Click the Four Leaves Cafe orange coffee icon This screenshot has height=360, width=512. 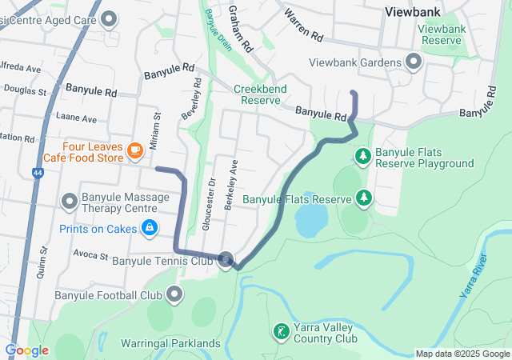tap(134, 149)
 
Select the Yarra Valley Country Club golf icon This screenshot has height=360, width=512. tap(281, 330)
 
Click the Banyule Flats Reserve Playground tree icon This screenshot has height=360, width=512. tap(362, 154)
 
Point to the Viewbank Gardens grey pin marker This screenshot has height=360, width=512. tap(413, 62)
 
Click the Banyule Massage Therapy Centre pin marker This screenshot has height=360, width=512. tap(69, 201)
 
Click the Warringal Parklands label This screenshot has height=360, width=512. tap(170, 343)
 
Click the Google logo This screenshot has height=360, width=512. tap(26, 350)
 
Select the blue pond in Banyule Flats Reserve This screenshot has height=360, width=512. tap(311, 217)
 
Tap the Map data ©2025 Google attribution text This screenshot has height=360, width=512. tap(462, 354)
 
